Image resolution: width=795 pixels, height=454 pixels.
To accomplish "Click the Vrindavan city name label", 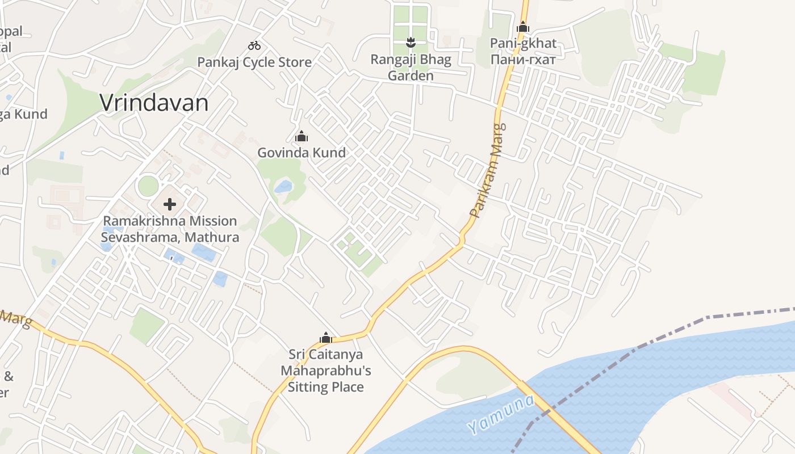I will [154, 103].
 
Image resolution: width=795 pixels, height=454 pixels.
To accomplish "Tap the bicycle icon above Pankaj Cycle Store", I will [254, 45].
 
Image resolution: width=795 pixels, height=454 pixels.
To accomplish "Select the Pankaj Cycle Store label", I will [254, 62].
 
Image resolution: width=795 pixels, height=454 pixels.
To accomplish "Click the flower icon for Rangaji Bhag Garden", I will [411, 41].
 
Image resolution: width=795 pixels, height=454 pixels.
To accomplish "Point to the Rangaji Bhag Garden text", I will [411, 68].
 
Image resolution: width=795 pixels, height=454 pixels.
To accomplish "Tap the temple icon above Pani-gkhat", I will [523, 27].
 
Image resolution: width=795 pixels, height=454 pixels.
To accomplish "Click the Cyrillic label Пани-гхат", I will [523, 58].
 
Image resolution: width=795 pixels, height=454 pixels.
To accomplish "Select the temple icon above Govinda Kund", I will [302, 136].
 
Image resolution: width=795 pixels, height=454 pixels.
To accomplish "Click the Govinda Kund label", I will [302, 153].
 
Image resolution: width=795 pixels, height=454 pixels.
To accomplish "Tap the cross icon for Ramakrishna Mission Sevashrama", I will [169, 204].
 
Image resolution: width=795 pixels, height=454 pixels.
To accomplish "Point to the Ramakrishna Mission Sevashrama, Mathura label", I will [170, 229].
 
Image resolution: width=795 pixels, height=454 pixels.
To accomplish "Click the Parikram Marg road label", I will [488, 170].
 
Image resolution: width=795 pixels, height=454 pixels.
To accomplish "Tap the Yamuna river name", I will [501, 415].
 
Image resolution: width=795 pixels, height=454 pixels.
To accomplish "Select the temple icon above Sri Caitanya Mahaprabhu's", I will [326, 338].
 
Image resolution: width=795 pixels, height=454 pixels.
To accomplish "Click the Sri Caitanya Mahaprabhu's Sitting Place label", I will [326, 371].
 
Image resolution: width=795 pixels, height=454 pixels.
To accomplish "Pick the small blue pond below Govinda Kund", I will [283, 186].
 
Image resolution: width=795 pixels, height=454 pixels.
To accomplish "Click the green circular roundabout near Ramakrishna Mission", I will [148, 186].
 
